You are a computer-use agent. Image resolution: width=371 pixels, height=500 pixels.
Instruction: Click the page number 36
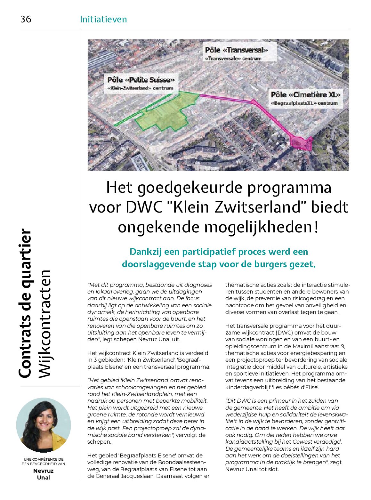tap(26, 19)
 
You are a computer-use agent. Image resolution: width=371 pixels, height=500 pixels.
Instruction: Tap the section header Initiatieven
tap(103, 19)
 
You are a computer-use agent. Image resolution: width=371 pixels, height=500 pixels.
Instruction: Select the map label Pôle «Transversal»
tap(236, 50)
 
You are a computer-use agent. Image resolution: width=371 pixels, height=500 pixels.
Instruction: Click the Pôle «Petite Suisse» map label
tap(141, 80)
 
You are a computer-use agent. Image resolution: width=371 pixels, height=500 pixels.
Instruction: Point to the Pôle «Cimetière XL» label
tap(305, 95)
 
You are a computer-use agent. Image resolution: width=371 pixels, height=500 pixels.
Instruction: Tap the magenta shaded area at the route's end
tap(300, 142)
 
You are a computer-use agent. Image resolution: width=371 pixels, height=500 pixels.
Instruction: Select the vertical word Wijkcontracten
tap(45, 324)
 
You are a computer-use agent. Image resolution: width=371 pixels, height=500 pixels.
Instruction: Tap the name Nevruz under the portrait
tap(43, 471)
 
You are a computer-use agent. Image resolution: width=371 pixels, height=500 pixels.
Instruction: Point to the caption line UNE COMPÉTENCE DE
tap(43, 459)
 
